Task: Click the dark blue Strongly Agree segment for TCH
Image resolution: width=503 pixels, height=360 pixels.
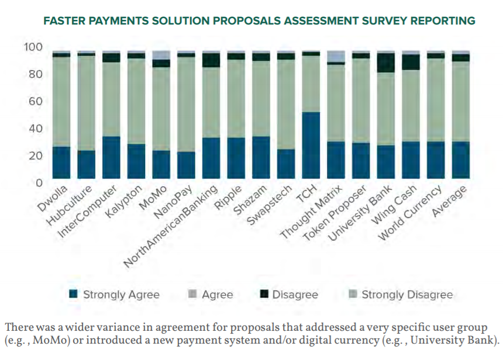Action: [x=311, y=146]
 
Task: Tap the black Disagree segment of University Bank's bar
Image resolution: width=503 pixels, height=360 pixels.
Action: [x=386, y=63]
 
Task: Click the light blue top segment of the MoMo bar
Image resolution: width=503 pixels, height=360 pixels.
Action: [x=161, y=55]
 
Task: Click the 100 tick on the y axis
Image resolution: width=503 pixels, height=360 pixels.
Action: [x=35, y=47]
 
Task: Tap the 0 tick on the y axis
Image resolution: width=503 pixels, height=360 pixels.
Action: [x=39, y=183]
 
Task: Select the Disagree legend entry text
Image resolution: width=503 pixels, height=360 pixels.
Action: [x=295, y=295]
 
